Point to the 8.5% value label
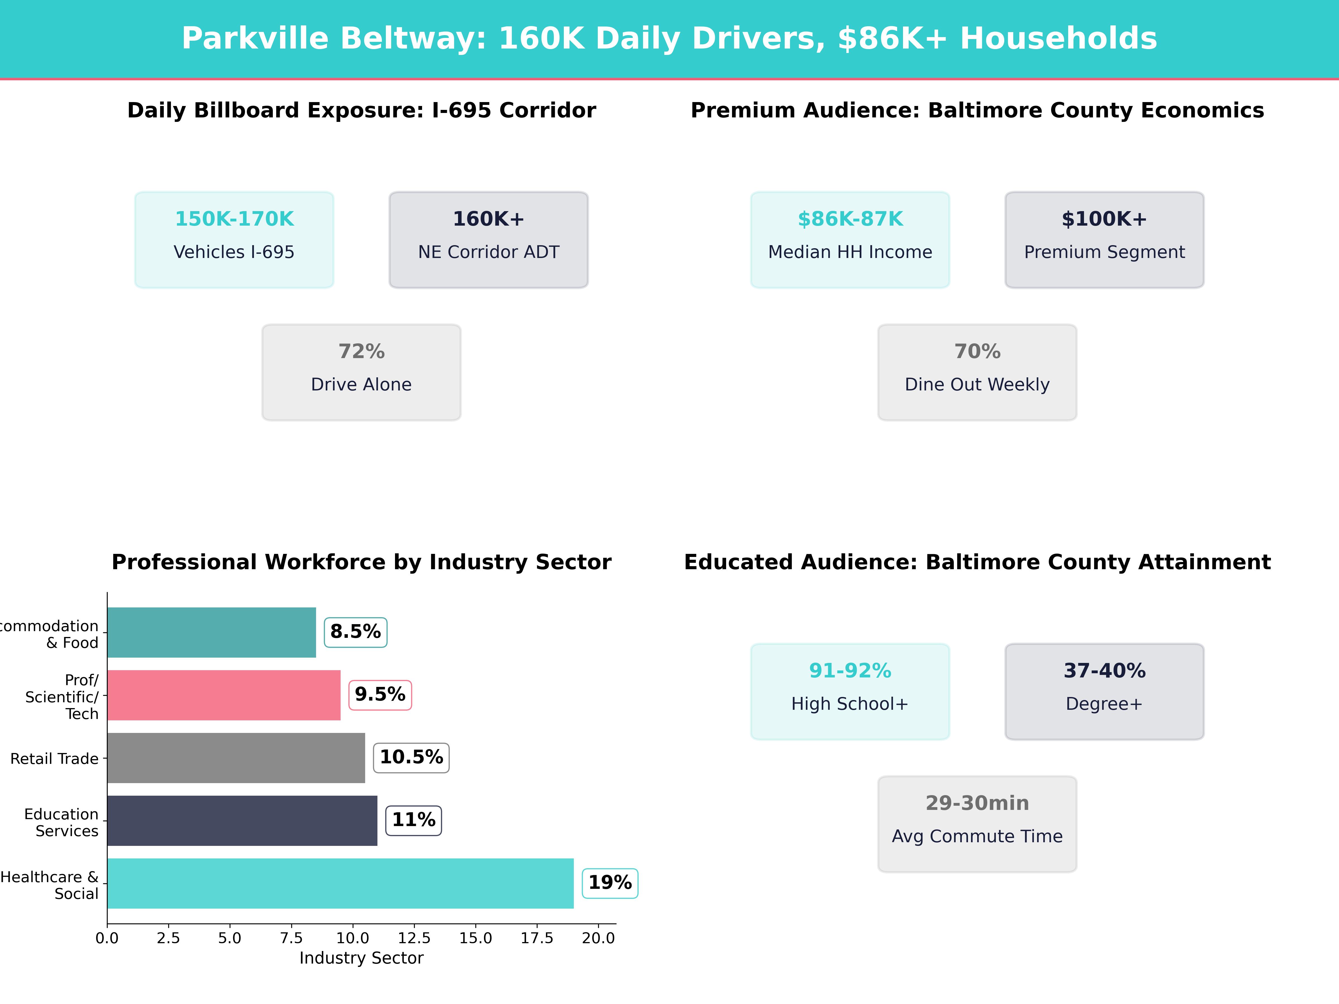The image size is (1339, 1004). [355, 632]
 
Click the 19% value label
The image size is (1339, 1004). [610, 883]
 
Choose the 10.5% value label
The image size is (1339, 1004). [411, 757]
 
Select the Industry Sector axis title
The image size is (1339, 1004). [361, 958]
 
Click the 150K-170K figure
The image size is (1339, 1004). [234, 219]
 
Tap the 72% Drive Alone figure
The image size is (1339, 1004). [361, 352]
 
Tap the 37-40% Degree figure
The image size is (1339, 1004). [1104, 670]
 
